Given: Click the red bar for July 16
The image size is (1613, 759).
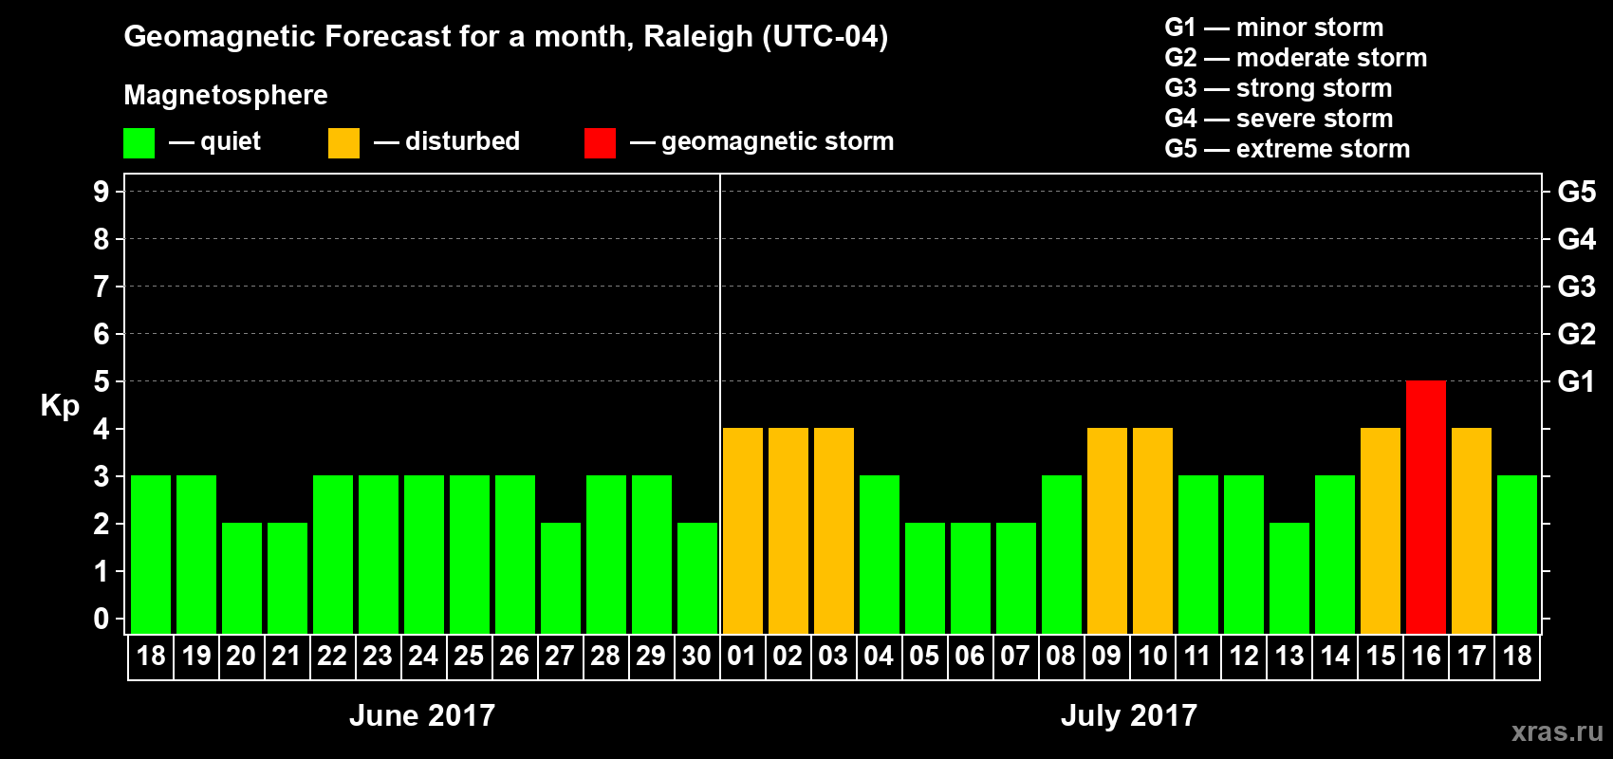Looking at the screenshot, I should (1426, 507).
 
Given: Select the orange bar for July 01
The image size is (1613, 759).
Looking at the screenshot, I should (742, 530).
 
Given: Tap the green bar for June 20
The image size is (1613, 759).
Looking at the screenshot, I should (242, 578).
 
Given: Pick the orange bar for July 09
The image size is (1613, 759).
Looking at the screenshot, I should (1107, 530).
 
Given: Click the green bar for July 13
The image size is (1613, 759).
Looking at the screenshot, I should (1289, 578).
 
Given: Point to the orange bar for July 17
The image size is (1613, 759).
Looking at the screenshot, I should (1472, 530).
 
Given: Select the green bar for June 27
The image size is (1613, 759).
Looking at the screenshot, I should (561, 578).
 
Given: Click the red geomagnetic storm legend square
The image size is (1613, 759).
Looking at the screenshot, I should (600, 143).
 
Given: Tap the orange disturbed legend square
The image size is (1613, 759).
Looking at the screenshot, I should (343, 143).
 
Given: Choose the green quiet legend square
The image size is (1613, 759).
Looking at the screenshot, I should (139, 143).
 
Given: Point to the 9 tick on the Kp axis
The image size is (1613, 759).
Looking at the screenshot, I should (102, 192).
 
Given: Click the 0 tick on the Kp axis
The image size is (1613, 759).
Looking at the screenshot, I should (102, 620).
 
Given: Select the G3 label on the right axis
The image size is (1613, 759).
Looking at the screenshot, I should (1576, 287).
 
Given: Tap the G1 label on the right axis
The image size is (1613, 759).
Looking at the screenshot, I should (1576, 381).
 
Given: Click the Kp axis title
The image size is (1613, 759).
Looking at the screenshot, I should (60, 406).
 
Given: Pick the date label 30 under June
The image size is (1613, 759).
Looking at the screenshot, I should (696, 657).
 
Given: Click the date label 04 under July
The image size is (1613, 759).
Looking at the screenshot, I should (879, 657).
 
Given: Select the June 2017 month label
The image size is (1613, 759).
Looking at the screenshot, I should (422, 715).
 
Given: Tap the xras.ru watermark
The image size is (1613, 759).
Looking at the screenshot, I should (1557, 731).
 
